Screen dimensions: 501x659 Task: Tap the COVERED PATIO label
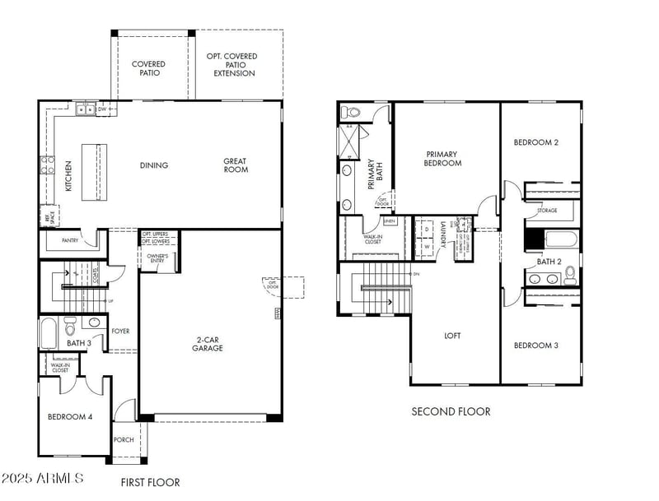tap(148, 68)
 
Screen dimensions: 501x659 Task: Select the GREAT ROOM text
tap(236, 165)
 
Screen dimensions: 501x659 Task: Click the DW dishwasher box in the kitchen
tap(103, 109)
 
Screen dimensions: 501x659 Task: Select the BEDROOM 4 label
tap(70, 417)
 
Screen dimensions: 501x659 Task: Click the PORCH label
tap(124, 439)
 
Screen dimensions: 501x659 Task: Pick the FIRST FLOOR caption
tap(150, 482)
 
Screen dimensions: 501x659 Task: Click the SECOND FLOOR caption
tap(451, 411)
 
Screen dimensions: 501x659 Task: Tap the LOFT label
tap(452, 336)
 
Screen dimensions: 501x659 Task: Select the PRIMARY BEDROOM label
tap(443, 158)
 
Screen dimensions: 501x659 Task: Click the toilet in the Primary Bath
tap(353, 113)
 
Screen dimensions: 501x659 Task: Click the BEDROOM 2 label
tap(536, 142)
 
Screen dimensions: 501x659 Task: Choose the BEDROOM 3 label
tap(536, 346)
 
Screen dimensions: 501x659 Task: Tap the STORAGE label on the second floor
tap(547, 211)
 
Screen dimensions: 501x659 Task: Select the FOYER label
tap(120, 332)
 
